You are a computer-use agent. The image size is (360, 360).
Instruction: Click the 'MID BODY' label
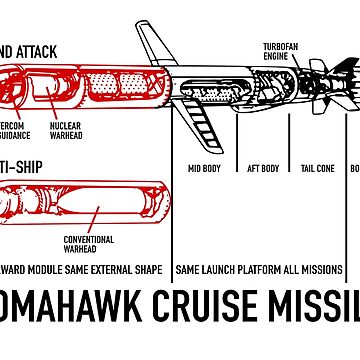(x=206, y=168)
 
